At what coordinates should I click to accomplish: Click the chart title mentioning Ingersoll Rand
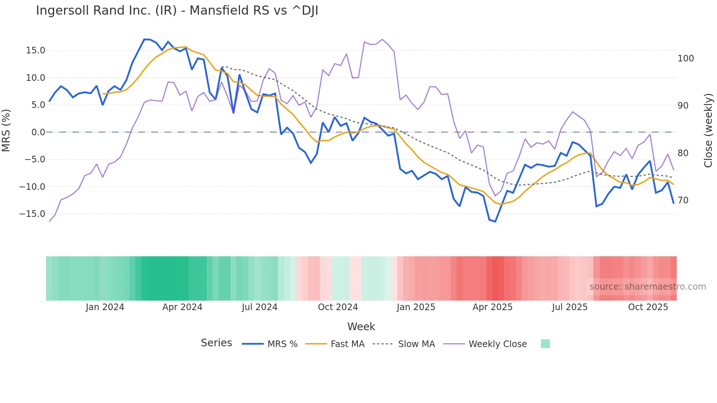[x=177, y=11]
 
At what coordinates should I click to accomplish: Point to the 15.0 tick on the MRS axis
[x=35, y=50]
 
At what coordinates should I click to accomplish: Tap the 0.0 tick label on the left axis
[x=38, y=132]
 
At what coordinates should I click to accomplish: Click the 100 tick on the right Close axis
[x=686, y=59]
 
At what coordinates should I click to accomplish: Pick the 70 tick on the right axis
[x=683, y=200]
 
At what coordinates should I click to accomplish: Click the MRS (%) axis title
[x=6, y=131]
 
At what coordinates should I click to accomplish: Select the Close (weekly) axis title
[x=708, y=131]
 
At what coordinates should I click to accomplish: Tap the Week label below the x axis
[x=361, y=327]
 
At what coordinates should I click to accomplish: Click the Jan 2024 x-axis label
[x=105, y=307]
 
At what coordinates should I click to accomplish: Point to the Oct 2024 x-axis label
[x=338, y=307]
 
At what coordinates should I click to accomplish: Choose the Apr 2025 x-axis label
[x=492, y=307]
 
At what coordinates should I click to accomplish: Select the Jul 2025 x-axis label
[x=570, y=307]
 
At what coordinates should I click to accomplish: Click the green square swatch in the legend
[x=545, y=344]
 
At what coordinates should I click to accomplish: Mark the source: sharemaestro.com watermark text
[x=647, y=287]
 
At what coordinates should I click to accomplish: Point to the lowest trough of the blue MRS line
[x=495, y=222]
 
